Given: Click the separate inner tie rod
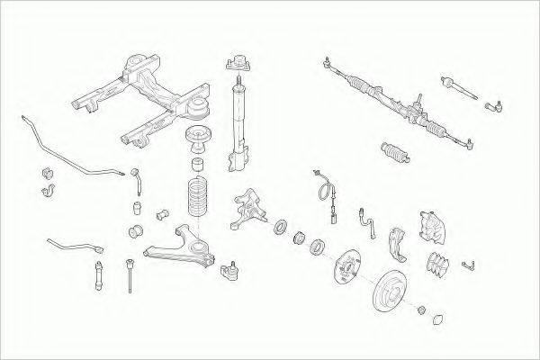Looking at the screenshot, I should point(458,89).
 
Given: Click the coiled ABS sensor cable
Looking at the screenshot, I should point(322,188).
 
